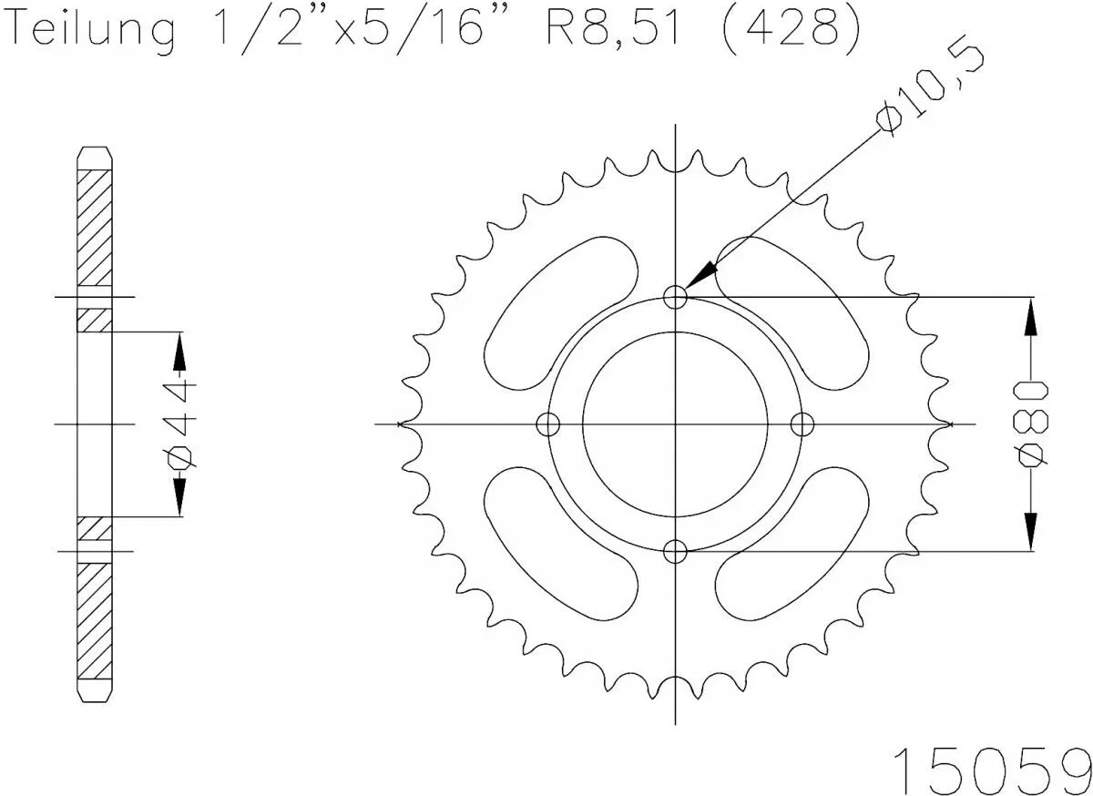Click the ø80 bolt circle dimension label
point(1032,424)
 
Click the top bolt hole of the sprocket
point(675,297)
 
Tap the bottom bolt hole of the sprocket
point(675,551)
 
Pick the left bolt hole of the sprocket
point(547,424)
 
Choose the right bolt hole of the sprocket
point(802,424)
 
